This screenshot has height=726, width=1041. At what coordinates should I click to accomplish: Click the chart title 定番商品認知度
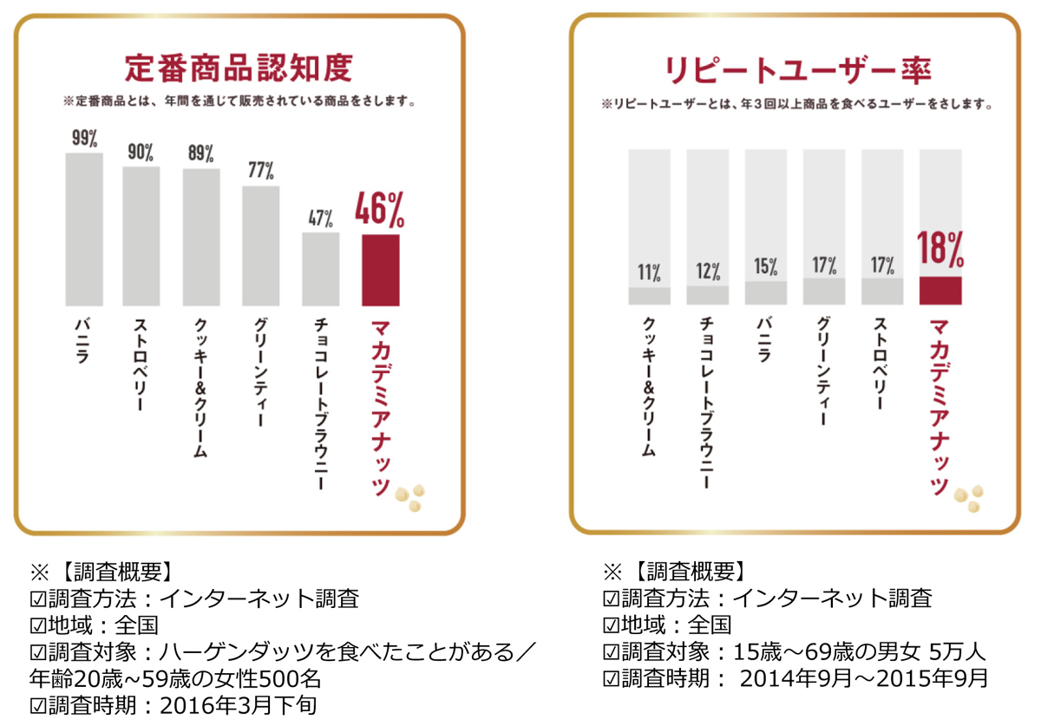[x=239, y=69]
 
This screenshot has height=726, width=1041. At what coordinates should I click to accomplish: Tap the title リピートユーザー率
[x=795, y=69]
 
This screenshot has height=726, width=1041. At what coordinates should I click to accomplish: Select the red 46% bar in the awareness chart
[x=381, y=270]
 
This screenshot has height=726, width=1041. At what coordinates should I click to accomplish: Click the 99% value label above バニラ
[x=83, y=139]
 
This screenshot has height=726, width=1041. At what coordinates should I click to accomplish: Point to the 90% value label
[x=141, y=153]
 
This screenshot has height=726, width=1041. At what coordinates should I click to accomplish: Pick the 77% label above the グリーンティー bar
[x=260, y=171]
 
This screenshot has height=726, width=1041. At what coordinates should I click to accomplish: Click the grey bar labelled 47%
[x=320, y=269]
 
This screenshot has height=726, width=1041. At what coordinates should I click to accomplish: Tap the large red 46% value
[x=381, y=210]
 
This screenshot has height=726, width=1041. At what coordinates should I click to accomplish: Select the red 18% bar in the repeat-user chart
[x=940, y=291]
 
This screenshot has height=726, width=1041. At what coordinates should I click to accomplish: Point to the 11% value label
[x=649, y=272]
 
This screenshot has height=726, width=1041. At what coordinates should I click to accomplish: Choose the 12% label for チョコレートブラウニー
[x=707, y=271]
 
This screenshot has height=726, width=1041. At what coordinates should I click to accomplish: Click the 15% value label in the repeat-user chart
[x=765, y=267]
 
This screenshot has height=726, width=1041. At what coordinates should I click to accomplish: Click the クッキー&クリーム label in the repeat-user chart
[x=649, y=387]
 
